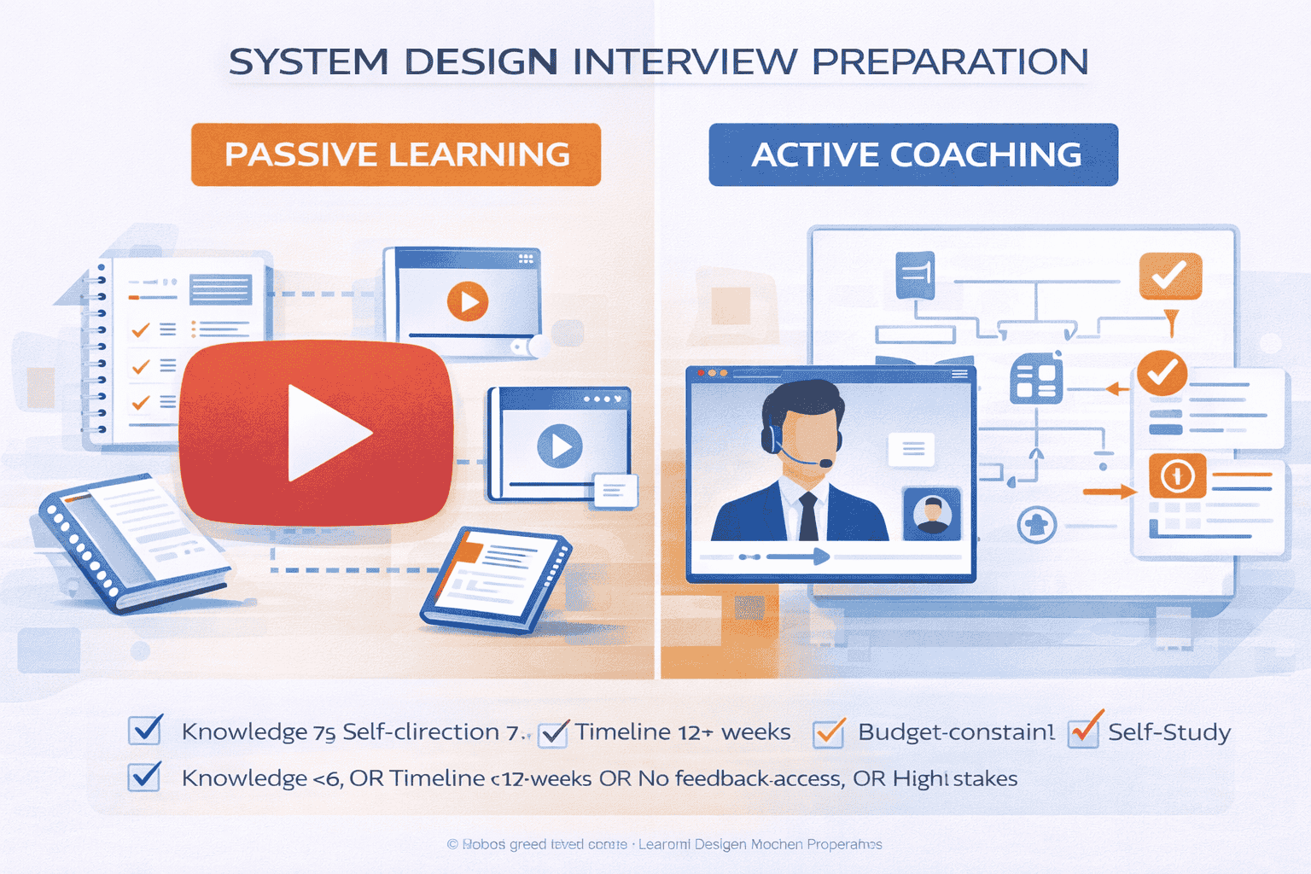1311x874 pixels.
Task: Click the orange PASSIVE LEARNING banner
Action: click(x=396, y=154)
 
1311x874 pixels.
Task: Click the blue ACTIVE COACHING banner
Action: click(x=913, y=154)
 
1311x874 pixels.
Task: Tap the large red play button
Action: click(x=317, y=433)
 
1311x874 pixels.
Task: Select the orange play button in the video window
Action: click(x=468, y=301)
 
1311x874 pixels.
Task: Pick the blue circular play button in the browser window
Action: click(x=560, y=446)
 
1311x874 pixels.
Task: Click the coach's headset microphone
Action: click(x=824, y=463)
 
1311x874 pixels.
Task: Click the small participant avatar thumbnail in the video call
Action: click(x=932, y=514)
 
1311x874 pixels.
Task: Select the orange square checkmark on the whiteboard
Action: click(x=1170, y=276)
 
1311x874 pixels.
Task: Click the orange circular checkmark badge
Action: click(x=1162, y=372)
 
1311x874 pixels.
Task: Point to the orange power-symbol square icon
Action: click(x=1177, y=476)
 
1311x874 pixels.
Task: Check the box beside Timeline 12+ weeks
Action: click(x=554, y=732)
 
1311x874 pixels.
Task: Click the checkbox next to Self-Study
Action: click(x=1084, y=731)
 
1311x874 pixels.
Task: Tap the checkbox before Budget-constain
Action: click(x=829, y=732)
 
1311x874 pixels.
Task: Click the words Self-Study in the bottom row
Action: click(x=1169, y=732)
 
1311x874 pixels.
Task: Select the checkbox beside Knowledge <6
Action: click(x=144, y=777)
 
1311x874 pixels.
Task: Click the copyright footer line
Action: click(x=664, y=844)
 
